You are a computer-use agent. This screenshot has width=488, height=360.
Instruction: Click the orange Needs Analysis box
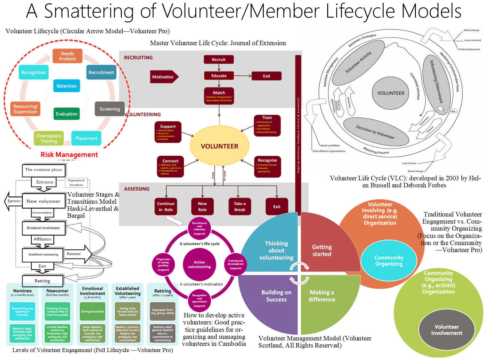(68, 56)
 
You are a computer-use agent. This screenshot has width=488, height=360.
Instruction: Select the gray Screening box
(110, 109)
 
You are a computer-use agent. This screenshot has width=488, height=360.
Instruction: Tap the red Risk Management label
(69, 155)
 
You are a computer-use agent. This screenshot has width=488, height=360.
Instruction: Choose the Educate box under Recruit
(219, 76)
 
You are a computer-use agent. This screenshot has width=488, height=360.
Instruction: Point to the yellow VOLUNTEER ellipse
(219, 146)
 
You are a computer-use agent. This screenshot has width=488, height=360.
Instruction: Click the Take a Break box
(240, 207)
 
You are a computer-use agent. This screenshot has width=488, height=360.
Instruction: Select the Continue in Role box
(166, 207)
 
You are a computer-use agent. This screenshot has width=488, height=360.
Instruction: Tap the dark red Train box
(267, 126)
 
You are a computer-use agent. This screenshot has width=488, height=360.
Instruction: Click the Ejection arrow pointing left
(13, 201)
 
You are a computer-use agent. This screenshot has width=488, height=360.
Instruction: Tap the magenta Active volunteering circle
(199, 265)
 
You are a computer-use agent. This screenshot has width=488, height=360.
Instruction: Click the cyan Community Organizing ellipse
(389, 261)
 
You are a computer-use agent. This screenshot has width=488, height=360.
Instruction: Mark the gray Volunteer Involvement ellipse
(446, 330)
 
